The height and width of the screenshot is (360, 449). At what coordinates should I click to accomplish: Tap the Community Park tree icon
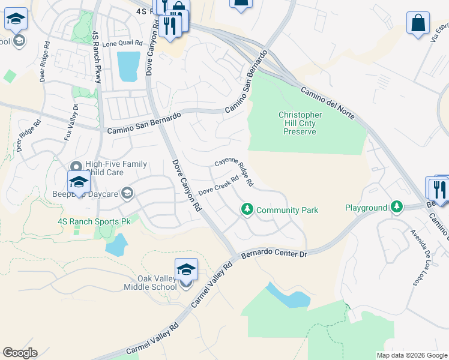click(246, 209)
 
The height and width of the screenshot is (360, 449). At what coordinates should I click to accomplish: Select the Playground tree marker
click(396, 208)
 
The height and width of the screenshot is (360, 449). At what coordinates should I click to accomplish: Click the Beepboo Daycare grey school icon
click(127, 193)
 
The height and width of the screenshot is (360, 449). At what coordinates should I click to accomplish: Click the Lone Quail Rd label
click(122, 43)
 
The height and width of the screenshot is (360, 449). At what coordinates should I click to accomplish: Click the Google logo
click(20, 353)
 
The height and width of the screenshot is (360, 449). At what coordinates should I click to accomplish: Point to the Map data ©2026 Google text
click(411, 355)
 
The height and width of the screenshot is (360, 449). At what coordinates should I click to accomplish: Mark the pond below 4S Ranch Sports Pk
click(116, 245)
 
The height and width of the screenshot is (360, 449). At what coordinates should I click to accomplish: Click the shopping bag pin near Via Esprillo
click(418, 25)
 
